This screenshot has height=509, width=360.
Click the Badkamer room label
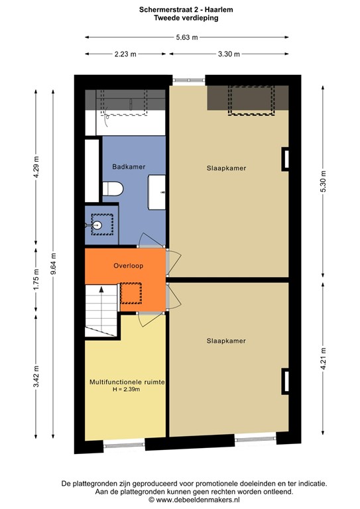[129, 167]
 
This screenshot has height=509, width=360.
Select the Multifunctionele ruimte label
[127, 382]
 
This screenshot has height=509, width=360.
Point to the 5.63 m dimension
[186, 37]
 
